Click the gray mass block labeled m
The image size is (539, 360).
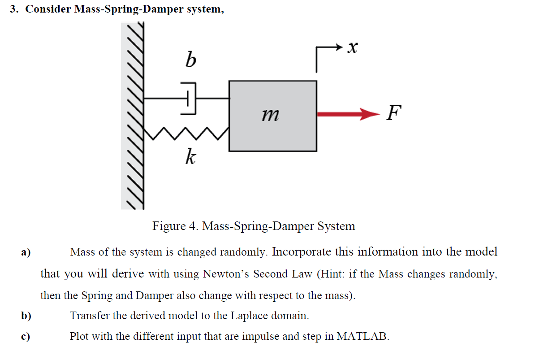(272, 116)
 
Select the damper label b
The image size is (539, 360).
(190, 58)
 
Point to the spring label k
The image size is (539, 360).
(190, 157)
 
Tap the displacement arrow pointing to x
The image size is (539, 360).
(329, 52)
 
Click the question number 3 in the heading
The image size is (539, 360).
(14, 9)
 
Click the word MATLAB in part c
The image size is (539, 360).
(362, 336)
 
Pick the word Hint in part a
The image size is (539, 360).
(332, 274)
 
